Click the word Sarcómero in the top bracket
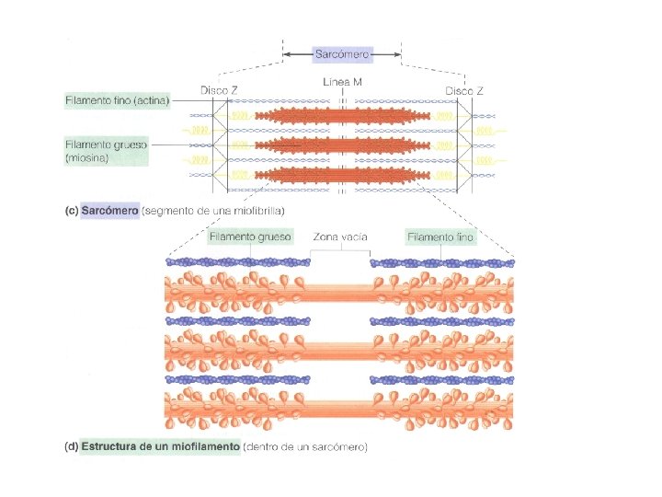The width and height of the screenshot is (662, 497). (342, 55)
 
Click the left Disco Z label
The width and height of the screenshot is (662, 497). (221, 90)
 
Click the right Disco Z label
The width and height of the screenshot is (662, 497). (465, 90)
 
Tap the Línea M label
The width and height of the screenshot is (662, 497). (343, 83)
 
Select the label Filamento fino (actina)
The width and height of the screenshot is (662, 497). (118, 99)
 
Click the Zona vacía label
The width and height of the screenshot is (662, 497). (340, 237)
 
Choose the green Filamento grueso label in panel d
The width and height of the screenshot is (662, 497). (250, 237)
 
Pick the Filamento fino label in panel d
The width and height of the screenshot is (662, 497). (440, 237)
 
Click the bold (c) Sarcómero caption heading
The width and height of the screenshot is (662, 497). (101, 211)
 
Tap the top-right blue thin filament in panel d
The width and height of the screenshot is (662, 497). (441, 262)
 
